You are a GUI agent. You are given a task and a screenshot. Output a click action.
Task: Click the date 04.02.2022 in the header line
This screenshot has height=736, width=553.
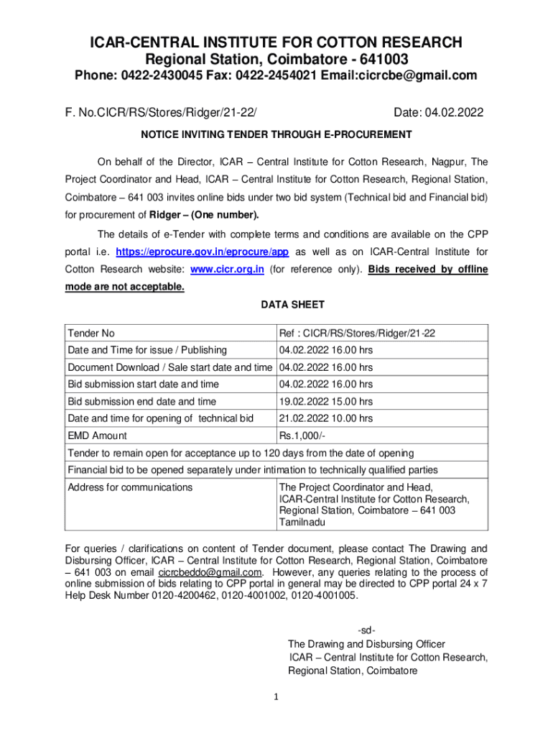(x=454, y=113)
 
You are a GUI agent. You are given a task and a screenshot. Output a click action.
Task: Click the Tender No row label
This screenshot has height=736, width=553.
(x=91, y=333)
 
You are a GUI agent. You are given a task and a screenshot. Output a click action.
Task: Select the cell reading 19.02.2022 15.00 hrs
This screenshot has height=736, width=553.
(x=326, y=402)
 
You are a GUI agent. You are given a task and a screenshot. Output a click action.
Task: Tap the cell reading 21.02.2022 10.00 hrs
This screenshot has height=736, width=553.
(x=326, y=418)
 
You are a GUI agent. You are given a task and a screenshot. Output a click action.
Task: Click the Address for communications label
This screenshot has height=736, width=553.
(x=130, y=487)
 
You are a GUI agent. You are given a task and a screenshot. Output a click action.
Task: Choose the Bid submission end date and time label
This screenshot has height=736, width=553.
(x=142, y=402)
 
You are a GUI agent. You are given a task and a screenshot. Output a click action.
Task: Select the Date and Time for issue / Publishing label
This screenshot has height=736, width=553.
(x=147, y=351)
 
